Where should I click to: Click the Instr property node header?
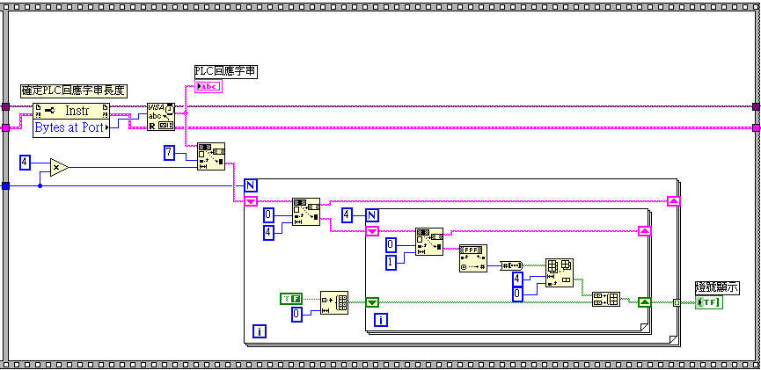tap(71, 111)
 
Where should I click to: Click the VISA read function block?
tap(160, 117)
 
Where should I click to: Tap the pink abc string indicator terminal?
tap(209, 85)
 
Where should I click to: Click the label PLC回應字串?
tap(225, 71)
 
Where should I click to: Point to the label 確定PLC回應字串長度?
tap(74, 91)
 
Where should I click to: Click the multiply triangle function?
tap(57, 166)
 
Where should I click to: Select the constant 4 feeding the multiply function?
tap(25, 162)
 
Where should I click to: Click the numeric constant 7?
tap(170, 154)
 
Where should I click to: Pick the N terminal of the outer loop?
tap(250, 186)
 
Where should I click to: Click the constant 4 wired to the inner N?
tap(348, 214)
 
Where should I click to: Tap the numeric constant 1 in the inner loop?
tap(391, 260)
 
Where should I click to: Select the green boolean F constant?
tap(290, 299)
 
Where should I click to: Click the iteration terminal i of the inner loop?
tap(380, 320)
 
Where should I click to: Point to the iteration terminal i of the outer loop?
tap(260, 330)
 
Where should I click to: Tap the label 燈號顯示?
tap(716, 287)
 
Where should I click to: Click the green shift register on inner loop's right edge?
tap(645, 302)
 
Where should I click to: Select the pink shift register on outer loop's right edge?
tap(673, 201)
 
